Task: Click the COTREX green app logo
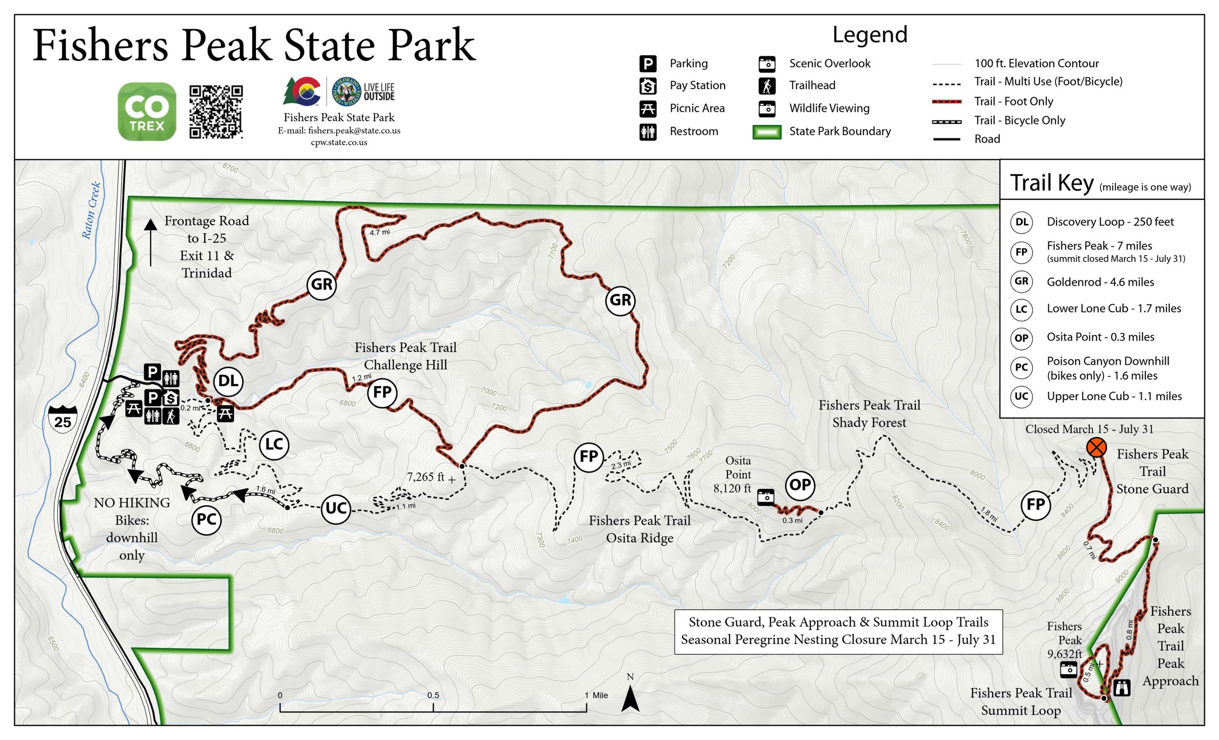coord(147,111)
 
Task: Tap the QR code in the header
coord(216,112)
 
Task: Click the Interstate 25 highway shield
coord(63,419)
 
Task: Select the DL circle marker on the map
coord(228,381)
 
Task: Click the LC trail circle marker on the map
coord(274,444)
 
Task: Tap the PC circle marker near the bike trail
coord(206,519)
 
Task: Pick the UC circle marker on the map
coord(336,508)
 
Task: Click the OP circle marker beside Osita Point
coord(800,485)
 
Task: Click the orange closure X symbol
coord(1096,448)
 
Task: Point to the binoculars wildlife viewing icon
coord(1121,687)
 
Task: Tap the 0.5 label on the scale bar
coord(433,695)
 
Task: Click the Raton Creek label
coord(92,211)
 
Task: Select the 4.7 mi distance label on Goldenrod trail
coord(379,232)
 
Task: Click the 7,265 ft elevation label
coord(426,477)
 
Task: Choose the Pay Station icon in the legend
coord(648,86)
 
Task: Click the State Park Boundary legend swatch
coord(767,132)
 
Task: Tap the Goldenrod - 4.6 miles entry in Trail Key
coord(1100,282)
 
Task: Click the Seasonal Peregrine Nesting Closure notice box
coord(838,631)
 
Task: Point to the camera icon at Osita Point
coord(766,497)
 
